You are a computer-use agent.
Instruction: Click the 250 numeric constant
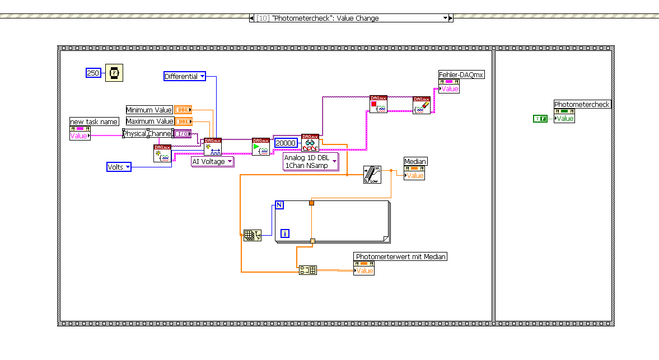[x=93, y=73]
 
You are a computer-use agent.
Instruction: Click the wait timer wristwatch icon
[x=114, y=73]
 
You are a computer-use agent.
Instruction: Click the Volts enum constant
[x=119, y=167]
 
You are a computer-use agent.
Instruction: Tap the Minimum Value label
[x=149, y=110]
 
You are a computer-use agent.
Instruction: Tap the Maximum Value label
[x=149, y=121]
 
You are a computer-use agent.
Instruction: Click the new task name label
[x=94, y=121]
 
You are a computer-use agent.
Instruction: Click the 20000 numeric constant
[x=286, y=143]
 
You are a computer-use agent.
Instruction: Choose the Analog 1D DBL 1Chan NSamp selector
[x=311, y=162]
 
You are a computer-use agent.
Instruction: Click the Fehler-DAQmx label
[x=461, y=74]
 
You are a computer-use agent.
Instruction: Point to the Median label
[x=415, y=161]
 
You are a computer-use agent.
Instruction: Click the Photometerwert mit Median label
[x=401, y=256]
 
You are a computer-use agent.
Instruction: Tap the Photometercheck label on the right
[x=582, y=104]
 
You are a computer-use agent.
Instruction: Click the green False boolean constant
[x=540, y=118]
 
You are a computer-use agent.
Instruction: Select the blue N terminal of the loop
[x=279, y=205]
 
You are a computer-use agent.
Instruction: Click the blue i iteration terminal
[x=285, y=233]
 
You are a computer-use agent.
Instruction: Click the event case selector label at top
[x=350, y=18]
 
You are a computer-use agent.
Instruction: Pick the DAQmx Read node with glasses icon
[x=310, y=143]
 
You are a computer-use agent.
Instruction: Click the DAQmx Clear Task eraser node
[x=422, y=105]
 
